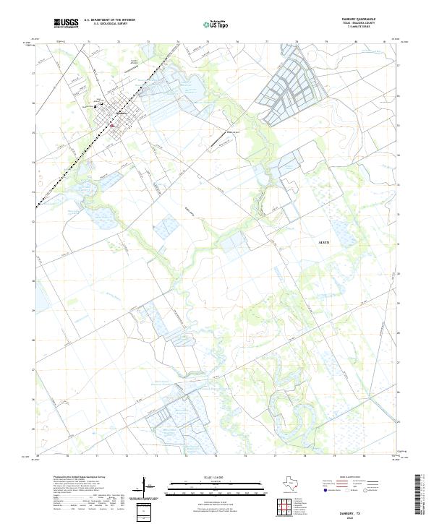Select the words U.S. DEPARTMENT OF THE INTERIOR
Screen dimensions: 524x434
tap(110, 20)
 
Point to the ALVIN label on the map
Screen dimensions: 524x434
tap(324, 242)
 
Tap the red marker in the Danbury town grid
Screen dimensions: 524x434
tap(112, 123)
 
